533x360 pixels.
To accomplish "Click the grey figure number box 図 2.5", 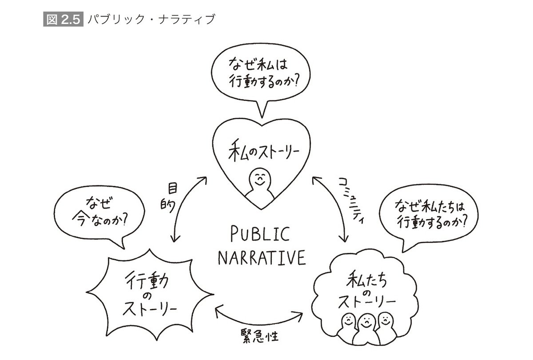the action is (x=63, y=19).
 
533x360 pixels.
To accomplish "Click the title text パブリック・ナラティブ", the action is (x=151, y=19).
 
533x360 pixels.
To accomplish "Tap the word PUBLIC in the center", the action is (x=260, y=234).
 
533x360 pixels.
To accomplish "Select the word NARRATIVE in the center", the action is (x=262, y=258).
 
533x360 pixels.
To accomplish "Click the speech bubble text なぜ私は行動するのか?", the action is (x=263, y=73).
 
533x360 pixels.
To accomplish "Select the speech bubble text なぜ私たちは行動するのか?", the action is (x=431, y=215).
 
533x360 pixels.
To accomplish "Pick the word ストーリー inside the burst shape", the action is (x=150, y=309).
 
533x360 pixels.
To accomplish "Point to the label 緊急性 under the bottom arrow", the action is (x=260, y=336).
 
